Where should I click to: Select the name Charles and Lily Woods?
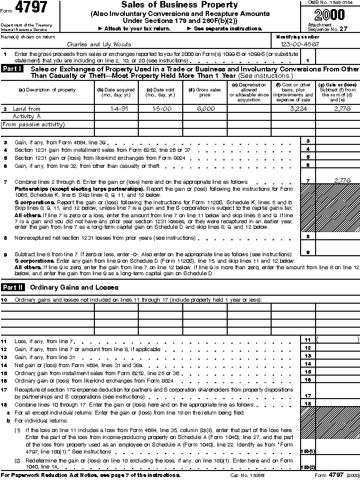click(x=99, y=44)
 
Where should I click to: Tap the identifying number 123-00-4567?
click(x=297, y=44)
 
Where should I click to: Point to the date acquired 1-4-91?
click(x=115, y=108)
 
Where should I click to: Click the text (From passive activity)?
click(x=33, y=124)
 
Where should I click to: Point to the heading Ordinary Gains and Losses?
click(x=74, y=287)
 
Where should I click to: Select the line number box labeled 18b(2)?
click(x=308, y=467)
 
